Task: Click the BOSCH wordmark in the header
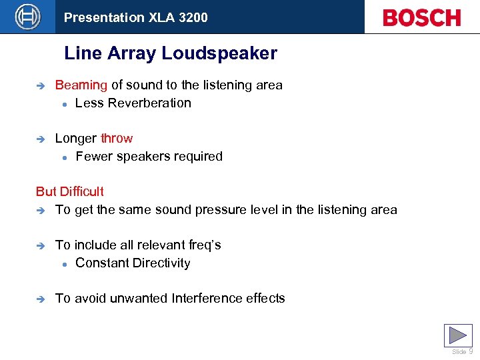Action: (421, 17)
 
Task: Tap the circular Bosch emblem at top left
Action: (27, 16)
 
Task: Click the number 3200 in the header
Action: (193, 17)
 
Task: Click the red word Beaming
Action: (81, 85)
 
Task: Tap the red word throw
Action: (117, 139)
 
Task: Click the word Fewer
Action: (93, 157)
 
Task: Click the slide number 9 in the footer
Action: (471, 351)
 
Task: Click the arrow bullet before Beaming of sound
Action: (40, 86)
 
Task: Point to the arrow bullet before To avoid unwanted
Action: (40, 299)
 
